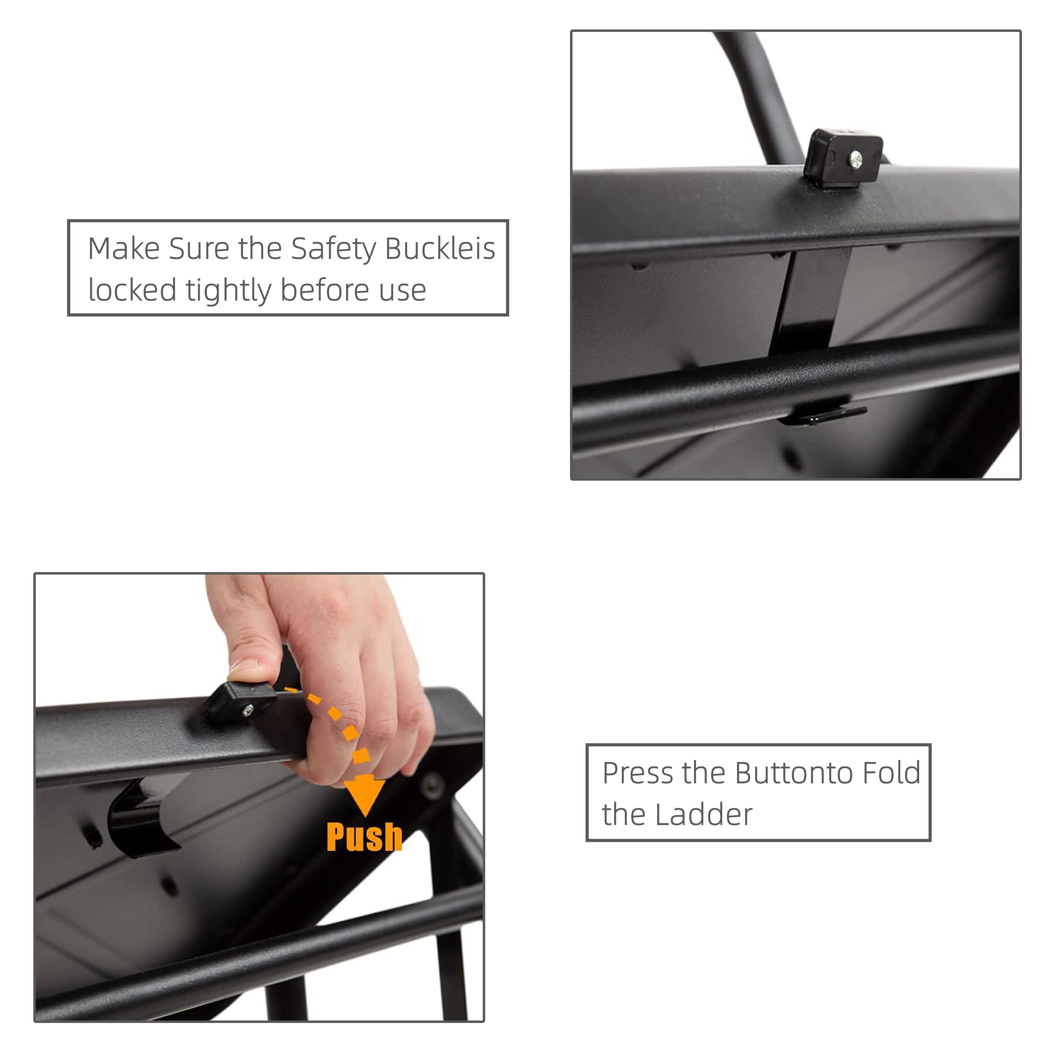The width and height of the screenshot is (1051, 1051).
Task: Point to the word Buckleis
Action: pos(440,249)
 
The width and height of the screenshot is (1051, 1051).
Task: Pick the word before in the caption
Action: pos(325,290)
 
